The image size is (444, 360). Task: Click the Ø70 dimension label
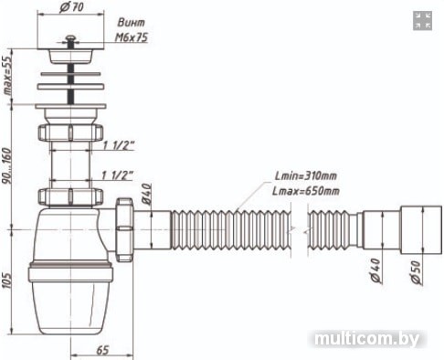click(x=71, y=6)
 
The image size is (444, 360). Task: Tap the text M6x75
click(x=132, y=37)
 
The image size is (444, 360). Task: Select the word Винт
click(x=132, y=23)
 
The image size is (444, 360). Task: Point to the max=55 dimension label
click(x=7, y=75)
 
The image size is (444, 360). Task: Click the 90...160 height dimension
click(x=7, y=166)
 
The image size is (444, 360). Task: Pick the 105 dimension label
click(x=6, y=280)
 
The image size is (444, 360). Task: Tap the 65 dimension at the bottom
click(x=102, y=350)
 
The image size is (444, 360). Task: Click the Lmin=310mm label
click(x=305, y=175)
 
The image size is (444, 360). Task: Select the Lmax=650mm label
click(x=305, y=191)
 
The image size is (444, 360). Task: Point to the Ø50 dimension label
click(x=416, y=272)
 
